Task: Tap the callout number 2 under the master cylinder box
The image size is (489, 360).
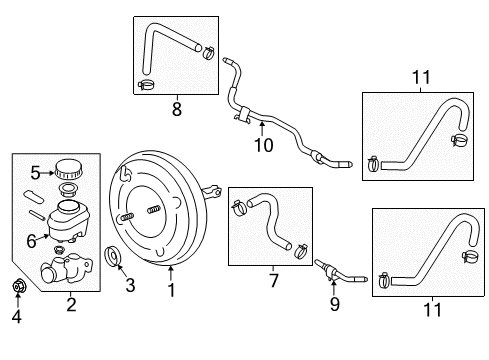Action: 71,303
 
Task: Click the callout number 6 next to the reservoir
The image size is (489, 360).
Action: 30,239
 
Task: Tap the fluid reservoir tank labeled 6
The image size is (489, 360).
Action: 70,214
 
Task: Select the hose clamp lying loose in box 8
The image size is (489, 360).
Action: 147,81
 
